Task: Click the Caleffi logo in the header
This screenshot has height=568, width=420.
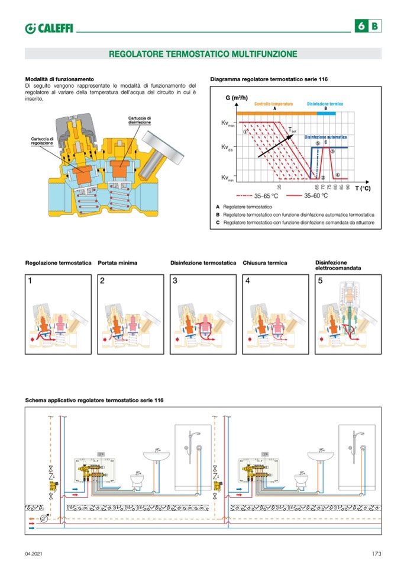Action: tap(49, 28)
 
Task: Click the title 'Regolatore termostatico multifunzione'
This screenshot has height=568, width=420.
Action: tap(203, 54)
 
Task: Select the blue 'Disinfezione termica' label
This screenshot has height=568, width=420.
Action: tap(325, 104)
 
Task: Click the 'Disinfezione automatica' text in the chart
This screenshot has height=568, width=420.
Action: tap(325, 137)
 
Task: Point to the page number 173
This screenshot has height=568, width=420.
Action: tap(376, 553)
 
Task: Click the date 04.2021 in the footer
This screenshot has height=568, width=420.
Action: tap(34, 553)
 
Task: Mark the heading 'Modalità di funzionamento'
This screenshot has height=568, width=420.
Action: tap(59, 79)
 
